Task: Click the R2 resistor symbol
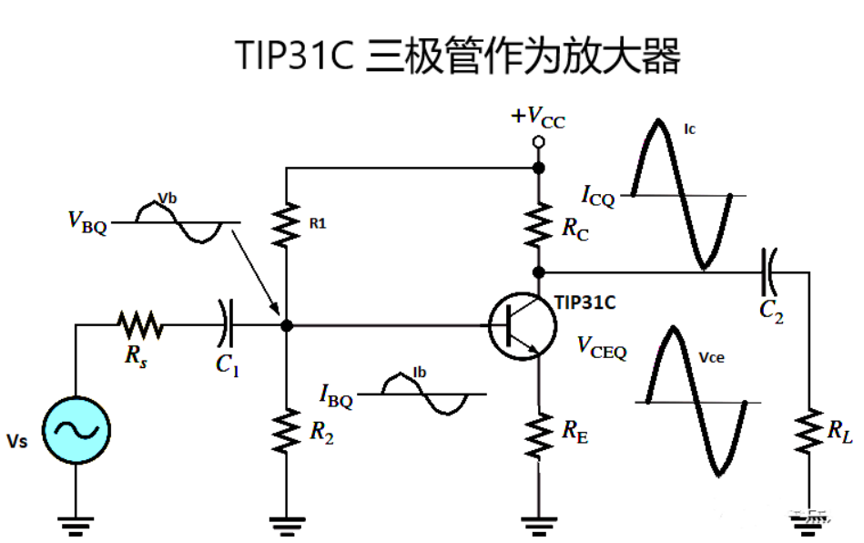point(287,430)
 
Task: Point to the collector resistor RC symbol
point(538,224)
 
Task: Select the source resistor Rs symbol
point(139,323)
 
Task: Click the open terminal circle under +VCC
point(538,142)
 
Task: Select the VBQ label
point(86,221)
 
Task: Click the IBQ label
point(336,396)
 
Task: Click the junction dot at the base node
point(287,325)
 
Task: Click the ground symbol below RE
point(538,523)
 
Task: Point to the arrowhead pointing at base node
point(275,313)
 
